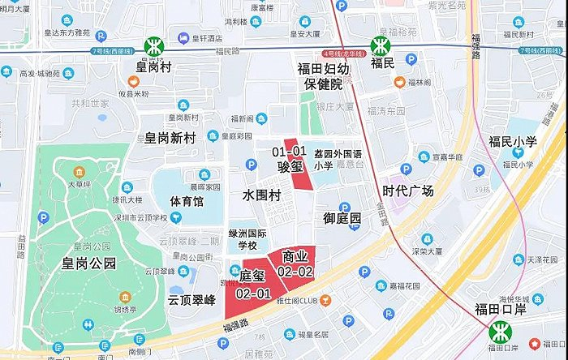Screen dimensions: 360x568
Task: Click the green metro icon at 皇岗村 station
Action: [152, 47]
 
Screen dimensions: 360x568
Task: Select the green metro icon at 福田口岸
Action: [500, 331]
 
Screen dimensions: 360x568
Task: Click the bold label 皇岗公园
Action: [79, 263]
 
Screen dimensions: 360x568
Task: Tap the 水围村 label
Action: [262, 195]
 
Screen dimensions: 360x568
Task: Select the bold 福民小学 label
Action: [512, 142]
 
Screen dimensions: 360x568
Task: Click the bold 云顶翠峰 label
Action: [191, 299]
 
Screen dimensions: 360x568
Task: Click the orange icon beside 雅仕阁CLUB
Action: [326, 301]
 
